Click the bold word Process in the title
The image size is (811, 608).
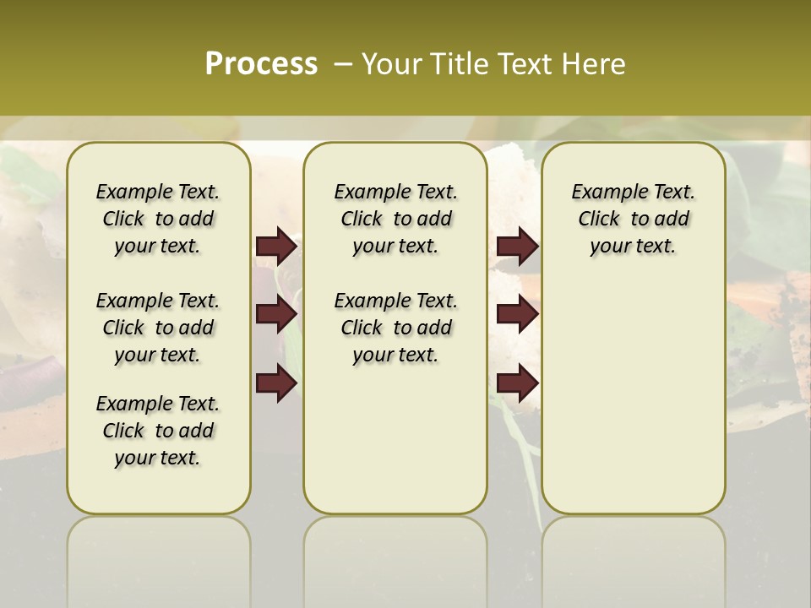coord(261,64)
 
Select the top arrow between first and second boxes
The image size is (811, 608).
coord(276,246)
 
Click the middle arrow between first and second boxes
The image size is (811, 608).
coord(276,314)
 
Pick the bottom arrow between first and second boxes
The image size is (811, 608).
coord(276,383)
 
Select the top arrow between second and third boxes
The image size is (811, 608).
coord(517,246)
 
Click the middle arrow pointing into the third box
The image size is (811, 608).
coord(517,314)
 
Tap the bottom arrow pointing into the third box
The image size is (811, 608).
coord(517,383)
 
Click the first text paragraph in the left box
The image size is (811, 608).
coord(158,219)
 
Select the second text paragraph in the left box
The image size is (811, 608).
coord(158,328)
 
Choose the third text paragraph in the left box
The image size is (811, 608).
coord(158,431)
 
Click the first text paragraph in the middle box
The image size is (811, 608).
coord(396,219)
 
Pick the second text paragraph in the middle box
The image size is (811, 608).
coord(396,328)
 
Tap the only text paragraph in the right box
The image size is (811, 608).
coord(634,219)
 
